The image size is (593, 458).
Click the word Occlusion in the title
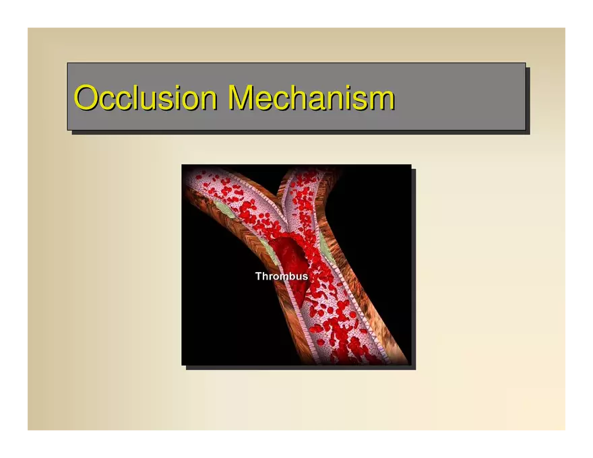tap(146, 97)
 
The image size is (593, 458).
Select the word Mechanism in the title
tap(311, 97)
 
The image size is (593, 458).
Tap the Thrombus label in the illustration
tap(282, 276)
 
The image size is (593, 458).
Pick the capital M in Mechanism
tap(242, 97)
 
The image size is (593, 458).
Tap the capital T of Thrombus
tap(259, 276)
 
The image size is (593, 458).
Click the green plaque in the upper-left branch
tap(224, 209)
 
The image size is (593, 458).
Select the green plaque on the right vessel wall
tap(325, 244)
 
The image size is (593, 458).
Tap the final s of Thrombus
tap(305, 277)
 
